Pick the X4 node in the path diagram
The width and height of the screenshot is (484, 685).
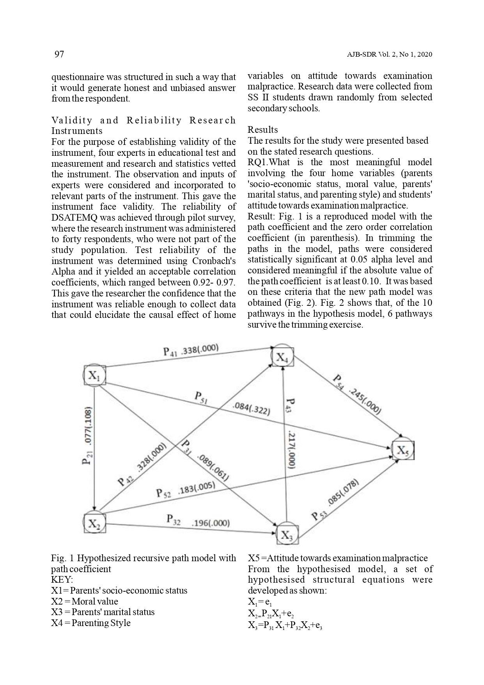coord(282,356)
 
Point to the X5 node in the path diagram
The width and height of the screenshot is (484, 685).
coord(403,451)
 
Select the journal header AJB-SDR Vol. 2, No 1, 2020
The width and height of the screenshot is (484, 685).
coord(389,55)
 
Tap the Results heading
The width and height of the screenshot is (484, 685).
coord(263,130)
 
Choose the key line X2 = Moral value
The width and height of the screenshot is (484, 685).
coord(84,601)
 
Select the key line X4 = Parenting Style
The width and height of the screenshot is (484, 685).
coord(90,623)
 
